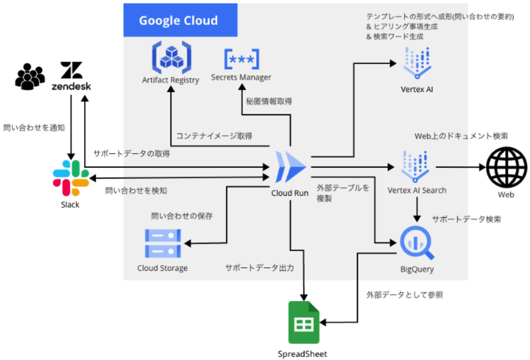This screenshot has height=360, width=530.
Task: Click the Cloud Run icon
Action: pyautogui.click(x=290, y=167)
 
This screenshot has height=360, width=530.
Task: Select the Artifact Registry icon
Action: pyautogui.click(x=170, y=57)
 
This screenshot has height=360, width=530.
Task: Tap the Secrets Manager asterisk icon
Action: pyautogui.click(x=241, y=59)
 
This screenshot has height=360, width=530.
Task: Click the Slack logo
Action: pyautogui.click(x=70, y=178)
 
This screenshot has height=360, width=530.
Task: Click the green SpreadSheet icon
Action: pyautogui.click(x=304, y=322)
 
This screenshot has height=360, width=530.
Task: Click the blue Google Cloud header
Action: pyautogui.click(x=180, y=20)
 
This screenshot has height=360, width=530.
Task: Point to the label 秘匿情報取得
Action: pyautogui.click(x=269, y=101)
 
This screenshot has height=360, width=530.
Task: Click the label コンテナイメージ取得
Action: pyautogui.click(x=214, y=136)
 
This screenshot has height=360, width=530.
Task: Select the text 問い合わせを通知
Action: pyautogui.click(x=34, y=128)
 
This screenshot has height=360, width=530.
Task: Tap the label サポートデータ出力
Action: pyautogui.click(x=259, y=268)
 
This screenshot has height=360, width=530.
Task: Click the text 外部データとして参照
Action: pyautogui.click(x=404, y=295)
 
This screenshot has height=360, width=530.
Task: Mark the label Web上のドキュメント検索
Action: pyautogui.click(x=461, y=136)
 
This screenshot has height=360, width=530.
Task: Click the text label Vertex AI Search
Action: pyautogui.click(x=417, y=190)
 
